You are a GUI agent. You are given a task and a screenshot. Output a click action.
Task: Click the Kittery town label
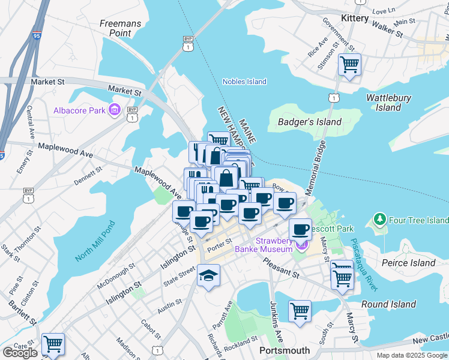[x=354, y=19]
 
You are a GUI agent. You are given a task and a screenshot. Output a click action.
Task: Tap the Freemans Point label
[x=121, y=28]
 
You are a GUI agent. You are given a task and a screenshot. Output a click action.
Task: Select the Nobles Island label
[x=244, y=82]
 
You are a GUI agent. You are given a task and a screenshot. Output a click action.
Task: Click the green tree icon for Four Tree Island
[x=378, y=220]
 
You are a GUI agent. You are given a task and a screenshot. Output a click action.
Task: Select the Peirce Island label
[x=409, y=263]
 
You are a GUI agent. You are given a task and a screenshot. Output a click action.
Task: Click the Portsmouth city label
[x=285, y=350]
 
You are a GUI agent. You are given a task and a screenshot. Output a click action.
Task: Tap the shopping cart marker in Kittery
[x=349, y=63]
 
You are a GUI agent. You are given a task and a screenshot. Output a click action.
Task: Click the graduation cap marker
[x=208, y=275]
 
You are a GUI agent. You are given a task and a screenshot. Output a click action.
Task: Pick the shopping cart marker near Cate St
[x=53, y=344]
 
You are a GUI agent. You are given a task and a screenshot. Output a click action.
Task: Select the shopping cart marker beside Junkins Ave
[x=300, y=311]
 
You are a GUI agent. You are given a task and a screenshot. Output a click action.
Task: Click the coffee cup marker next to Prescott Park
[x=300, y=229]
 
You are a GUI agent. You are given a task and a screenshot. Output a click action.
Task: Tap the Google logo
[x=20, y=353]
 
